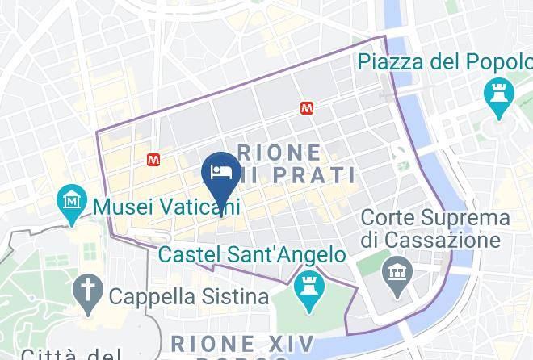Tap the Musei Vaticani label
(x=166, y=207)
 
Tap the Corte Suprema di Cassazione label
(x=435, y=228)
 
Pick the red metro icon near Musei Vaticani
(x=154, y=160)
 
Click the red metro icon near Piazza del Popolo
(x=306, y=107)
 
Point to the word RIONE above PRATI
(x=279, y=152)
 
